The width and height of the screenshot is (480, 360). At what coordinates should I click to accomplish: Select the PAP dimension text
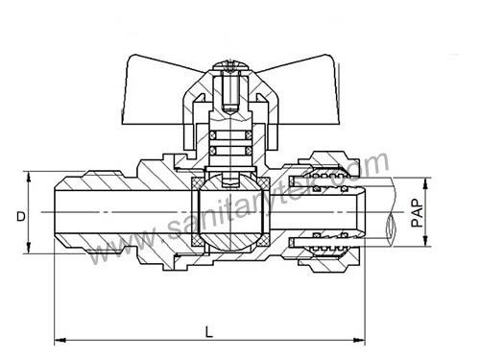coord(416,211)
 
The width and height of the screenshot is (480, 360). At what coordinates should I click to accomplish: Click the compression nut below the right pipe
coord(332,256)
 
